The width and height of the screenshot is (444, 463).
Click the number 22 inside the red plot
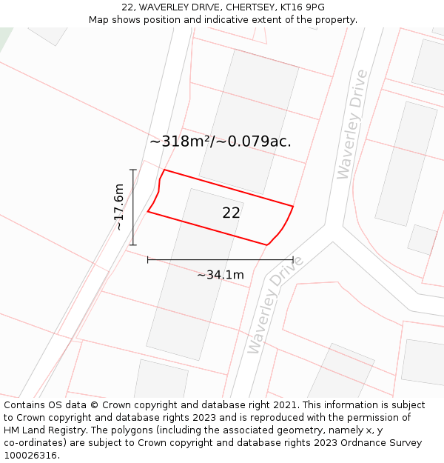(x=231, y=213)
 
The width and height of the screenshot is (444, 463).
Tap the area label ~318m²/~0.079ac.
(x=221, y=141)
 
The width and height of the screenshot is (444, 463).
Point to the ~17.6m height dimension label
(x=118, y=207)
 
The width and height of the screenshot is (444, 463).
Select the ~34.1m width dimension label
(x=221, y=275)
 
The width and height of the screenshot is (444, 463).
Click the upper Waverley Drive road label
(x=351, y=124)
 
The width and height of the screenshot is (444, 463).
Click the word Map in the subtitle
(x=99, y=20)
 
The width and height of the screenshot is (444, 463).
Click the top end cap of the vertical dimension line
(x=133, y=170)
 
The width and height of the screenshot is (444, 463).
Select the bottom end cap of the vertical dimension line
(x=133, y=245)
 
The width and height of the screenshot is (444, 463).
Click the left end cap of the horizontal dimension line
(x=148, y=259)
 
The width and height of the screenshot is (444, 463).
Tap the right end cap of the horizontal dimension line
(x=293, y=259)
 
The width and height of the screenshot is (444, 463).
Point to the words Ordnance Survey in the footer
(x=385, y=443)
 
